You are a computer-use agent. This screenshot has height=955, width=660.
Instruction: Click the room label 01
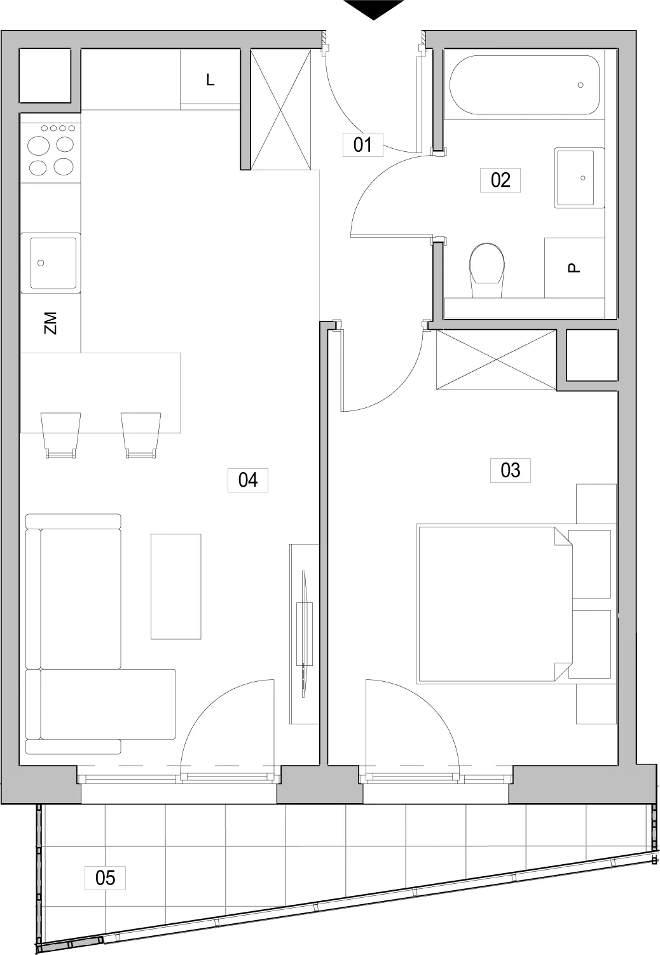click(362, 145)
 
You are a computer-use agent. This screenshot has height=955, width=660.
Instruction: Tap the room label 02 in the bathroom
click(500, 180)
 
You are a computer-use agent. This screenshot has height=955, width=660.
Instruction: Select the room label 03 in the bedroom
click(510, 470)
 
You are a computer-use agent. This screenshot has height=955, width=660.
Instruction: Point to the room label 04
click(248, 480)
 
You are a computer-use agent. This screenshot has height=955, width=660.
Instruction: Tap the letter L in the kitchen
click(210, 79)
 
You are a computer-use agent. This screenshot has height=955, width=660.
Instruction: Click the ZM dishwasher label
click(50, 323)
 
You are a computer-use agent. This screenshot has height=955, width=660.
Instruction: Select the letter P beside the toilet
click(574, 268)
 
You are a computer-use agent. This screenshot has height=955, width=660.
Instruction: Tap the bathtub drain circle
click(581, 85)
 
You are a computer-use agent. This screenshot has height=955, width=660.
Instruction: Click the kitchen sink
click(51, 262)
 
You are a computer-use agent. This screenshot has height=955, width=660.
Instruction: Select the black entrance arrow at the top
click(373, 10)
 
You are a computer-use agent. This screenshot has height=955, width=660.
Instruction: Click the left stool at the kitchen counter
click(60, 435)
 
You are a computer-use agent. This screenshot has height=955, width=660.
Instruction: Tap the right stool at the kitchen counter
click(141, 435)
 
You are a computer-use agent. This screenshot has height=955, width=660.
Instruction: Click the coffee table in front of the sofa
click(175, 586)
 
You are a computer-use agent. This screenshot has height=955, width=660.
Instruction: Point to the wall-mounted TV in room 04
click(304, 634)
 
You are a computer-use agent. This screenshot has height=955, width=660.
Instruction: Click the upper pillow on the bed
click(589, 564)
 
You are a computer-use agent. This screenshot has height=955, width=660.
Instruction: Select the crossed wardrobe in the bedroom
click(496, 360)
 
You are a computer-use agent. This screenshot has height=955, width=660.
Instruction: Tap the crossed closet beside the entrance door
click(280, 109)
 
